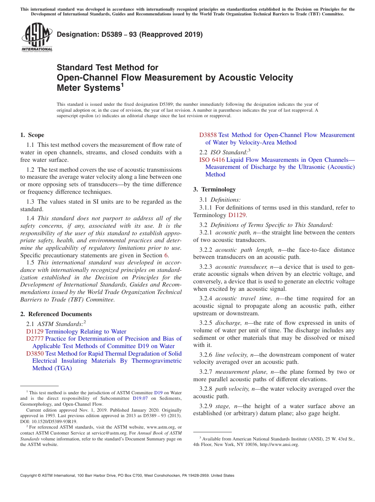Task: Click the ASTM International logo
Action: [x=37, y=37]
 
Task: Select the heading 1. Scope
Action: [x=32, y=135]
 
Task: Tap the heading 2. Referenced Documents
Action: [x=56, y=314]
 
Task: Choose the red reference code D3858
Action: [x=208, y=135]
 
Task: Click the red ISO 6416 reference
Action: [x=212, y=160]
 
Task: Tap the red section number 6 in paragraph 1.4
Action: [x=166, y=255]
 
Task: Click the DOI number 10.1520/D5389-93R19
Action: [x=53, y=421]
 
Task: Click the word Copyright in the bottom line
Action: [x=31, y=476]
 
